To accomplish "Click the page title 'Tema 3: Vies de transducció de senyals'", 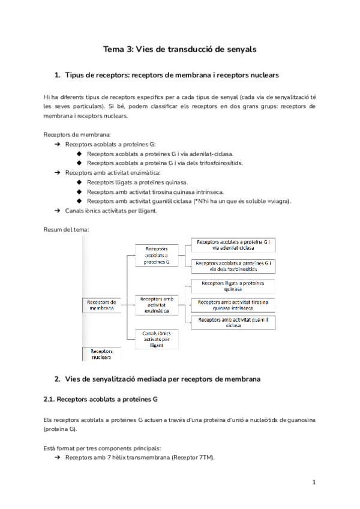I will (180, 50).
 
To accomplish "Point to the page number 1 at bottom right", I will (314, 483).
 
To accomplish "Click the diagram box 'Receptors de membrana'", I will (101, 304).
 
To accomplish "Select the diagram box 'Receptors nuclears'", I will (101, 354).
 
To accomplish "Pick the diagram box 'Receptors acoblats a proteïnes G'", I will (157, 255).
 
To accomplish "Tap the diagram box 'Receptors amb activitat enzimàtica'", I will (157, 304).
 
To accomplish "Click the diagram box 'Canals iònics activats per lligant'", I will (157, 339).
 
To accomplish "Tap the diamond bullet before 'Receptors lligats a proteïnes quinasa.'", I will (79, 182).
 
